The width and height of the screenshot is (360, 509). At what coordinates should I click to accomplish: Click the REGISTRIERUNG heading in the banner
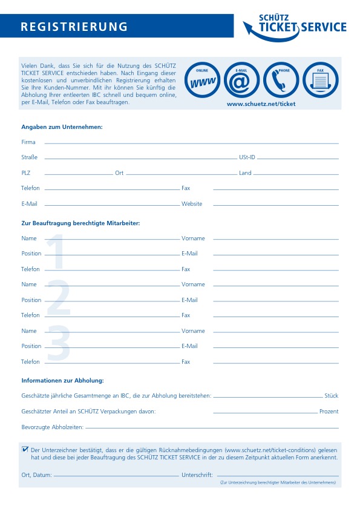tap(74, 27)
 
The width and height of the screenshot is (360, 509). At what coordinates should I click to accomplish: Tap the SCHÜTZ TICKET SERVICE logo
tap(295, 27)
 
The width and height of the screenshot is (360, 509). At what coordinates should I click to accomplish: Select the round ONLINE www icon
tap(201, 80)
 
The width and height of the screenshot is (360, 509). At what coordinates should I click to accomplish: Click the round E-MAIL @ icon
tap(241, 80)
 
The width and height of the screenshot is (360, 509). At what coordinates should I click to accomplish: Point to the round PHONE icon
tap(281, 80)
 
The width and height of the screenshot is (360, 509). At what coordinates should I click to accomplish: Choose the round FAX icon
tap(320, 80)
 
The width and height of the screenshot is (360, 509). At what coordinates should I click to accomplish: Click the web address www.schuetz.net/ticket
tap(261, 104)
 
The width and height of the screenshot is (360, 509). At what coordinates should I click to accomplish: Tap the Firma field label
tap(28, 142)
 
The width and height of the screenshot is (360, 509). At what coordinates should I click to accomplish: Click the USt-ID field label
tap(247, 157)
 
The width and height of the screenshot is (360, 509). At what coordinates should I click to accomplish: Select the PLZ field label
tap(25, 173)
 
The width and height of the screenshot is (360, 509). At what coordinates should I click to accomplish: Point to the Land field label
tap(245, 173)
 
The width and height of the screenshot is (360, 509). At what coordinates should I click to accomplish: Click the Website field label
tap(192, 204)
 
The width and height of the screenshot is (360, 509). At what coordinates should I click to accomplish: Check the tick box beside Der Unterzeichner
tap(25, 450)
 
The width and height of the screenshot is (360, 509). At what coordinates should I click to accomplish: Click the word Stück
tap(331, 396)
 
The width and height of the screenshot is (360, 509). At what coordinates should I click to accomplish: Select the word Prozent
tap(329, 412)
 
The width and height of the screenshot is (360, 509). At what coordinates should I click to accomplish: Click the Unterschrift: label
tap(197, 475)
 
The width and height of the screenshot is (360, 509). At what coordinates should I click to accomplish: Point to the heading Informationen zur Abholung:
tap(63, 380)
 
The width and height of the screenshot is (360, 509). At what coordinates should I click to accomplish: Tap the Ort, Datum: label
tap(36, 475)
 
